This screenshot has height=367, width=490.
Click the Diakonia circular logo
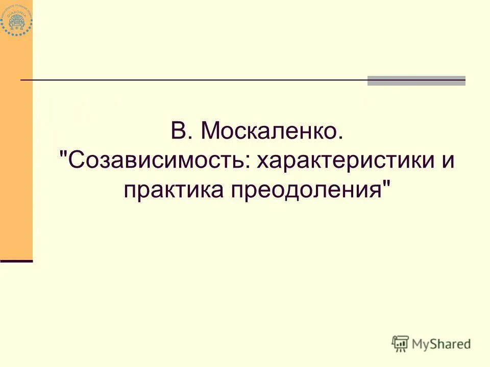(16, 19)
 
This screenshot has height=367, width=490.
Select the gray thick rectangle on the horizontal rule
(416, 81)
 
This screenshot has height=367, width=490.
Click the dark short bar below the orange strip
(16, 260)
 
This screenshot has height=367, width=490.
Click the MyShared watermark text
(442, 344)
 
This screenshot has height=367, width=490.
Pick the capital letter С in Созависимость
(76, 161)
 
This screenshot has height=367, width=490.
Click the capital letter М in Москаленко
(211, 132)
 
